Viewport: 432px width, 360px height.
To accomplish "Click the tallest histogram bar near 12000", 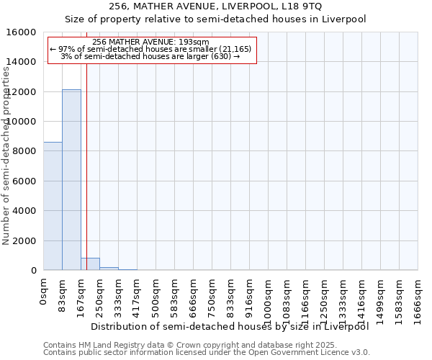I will (x=71, y=180).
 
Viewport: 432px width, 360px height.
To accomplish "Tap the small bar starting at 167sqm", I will (x=90, y=264).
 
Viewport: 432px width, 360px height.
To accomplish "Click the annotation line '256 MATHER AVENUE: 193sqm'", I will (x=151, y=42).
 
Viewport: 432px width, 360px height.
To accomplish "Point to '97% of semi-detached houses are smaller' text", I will (x=151, y=49).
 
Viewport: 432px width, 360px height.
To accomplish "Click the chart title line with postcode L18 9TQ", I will (x=215, y=6).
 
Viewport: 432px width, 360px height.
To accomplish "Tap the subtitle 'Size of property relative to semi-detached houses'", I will (x=215, y=19).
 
